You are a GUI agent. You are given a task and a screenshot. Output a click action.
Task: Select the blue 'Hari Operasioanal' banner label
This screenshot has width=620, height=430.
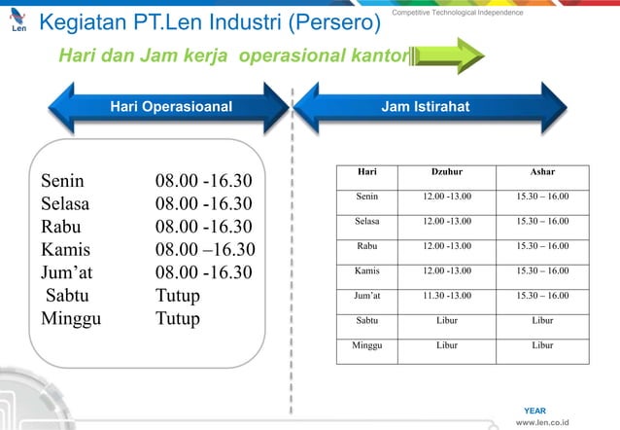click(x=171, y=106)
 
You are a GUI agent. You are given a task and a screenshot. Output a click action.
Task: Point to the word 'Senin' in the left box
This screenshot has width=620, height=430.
click(x=62, y=181)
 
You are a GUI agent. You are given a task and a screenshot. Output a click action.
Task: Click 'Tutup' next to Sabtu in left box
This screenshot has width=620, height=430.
click(x=177, y=295)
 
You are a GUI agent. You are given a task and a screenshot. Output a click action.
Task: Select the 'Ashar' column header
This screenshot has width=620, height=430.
click(x=543, y=172)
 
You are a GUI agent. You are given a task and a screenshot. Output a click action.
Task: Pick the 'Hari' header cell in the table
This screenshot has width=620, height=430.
click(x=367, y=172)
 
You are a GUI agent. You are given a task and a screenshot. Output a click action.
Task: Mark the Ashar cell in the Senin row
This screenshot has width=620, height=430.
click(x=543, y=197)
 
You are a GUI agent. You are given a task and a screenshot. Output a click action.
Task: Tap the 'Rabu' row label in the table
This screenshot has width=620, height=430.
click(x=367, y=246)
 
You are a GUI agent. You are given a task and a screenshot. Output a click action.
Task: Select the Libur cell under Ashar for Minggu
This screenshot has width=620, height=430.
click(x=543, y=344)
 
